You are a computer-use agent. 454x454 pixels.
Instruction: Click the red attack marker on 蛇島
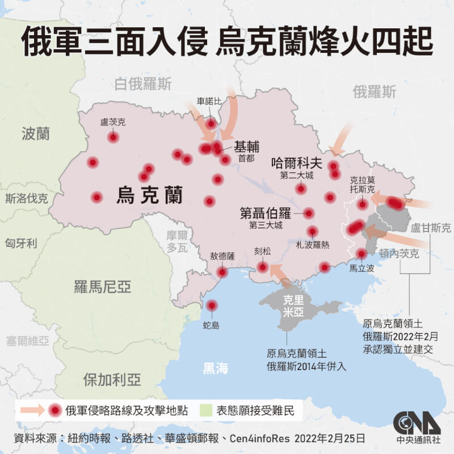(212, 305)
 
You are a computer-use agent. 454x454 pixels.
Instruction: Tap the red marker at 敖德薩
(222, 272)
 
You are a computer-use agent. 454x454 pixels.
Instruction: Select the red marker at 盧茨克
(113, 137)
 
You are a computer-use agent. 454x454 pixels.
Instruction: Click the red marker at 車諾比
(211, 123)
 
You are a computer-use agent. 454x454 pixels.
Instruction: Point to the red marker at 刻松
(263, 267)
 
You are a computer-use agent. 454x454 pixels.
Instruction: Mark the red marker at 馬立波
(361, 254)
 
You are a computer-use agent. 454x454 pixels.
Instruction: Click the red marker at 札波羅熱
(312, 231)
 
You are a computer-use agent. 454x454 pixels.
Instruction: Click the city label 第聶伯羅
(264, 214)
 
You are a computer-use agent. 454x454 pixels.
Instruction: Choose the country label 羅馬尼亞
(102, 287)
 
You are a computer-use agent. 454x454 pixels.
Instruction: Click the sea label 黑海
(216, 369)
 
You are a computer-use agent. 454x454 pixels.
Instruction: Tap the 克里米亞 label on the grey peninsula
(294, 305)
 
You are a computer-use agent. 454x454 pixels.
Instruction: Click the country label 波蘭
(35, 134)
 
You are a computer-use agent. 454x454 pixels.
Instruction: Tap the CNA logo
(417, 423)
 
